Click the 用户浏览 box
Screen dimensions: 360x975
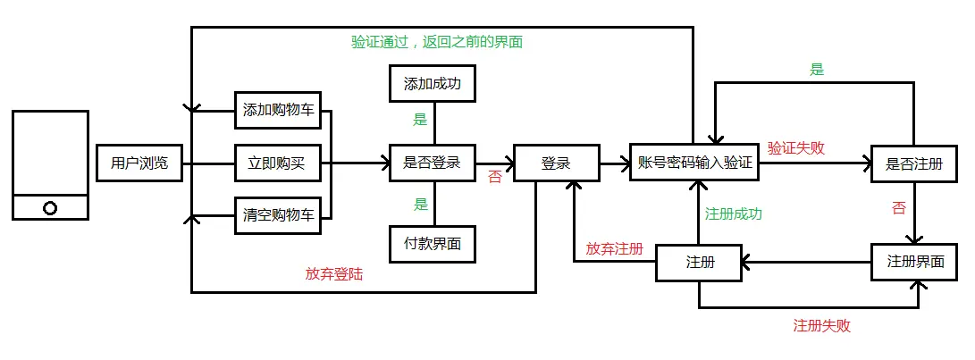[139, 163]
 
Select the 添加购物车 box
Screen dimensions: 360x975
[279, 112]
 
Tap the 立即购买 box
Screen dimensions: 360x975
[279, 163]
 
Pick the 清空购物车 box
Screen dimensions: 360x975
[279, 215]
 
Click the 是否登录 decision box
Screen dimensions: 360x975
[433, 163]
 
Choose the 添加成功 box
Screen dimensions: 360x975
[433, 84]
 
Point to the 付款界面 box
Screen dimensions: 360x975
[433, 244]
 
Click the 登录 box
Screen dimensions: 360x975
[555, 163]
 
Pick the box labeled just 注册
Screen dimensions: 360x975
[700, 263]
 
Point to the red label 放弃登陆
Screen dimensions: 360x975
[333, 275]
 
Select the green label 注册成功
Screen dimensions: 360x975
[734, 214]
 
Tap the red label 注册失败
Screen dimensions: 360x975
[821, 326]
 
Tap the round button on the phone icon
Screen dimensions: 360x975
[50, 208]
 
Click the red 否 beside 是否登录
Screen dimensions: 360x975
[494, 178]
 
